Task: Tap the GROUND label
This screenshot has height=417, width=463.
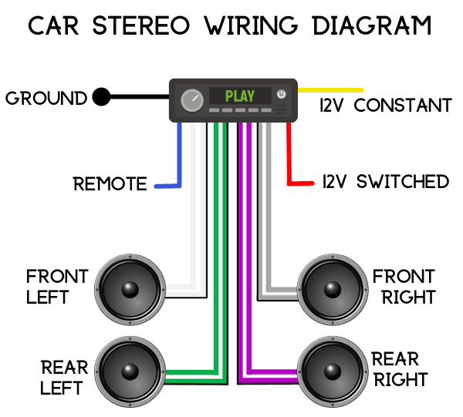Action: point(46,99)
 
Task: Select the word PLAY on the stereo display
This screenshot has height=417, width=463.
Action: point(239,96)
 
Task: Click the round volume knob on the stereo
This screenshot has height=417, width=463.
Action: point(191,99)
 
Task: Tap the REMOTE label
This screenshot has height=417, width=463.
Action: point(110,184)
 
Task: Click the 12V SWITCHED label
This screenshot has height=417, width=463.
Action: point(384,182)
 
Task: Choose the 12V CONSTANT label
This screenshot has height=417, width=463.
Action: point(385,106)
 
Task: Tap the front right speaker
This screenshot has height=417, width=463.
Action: point(331,289)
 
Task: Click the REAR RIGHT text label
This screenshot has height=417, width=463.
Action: point(400,369)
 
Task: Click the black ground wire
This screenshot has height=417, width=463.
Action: point(139,97)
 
